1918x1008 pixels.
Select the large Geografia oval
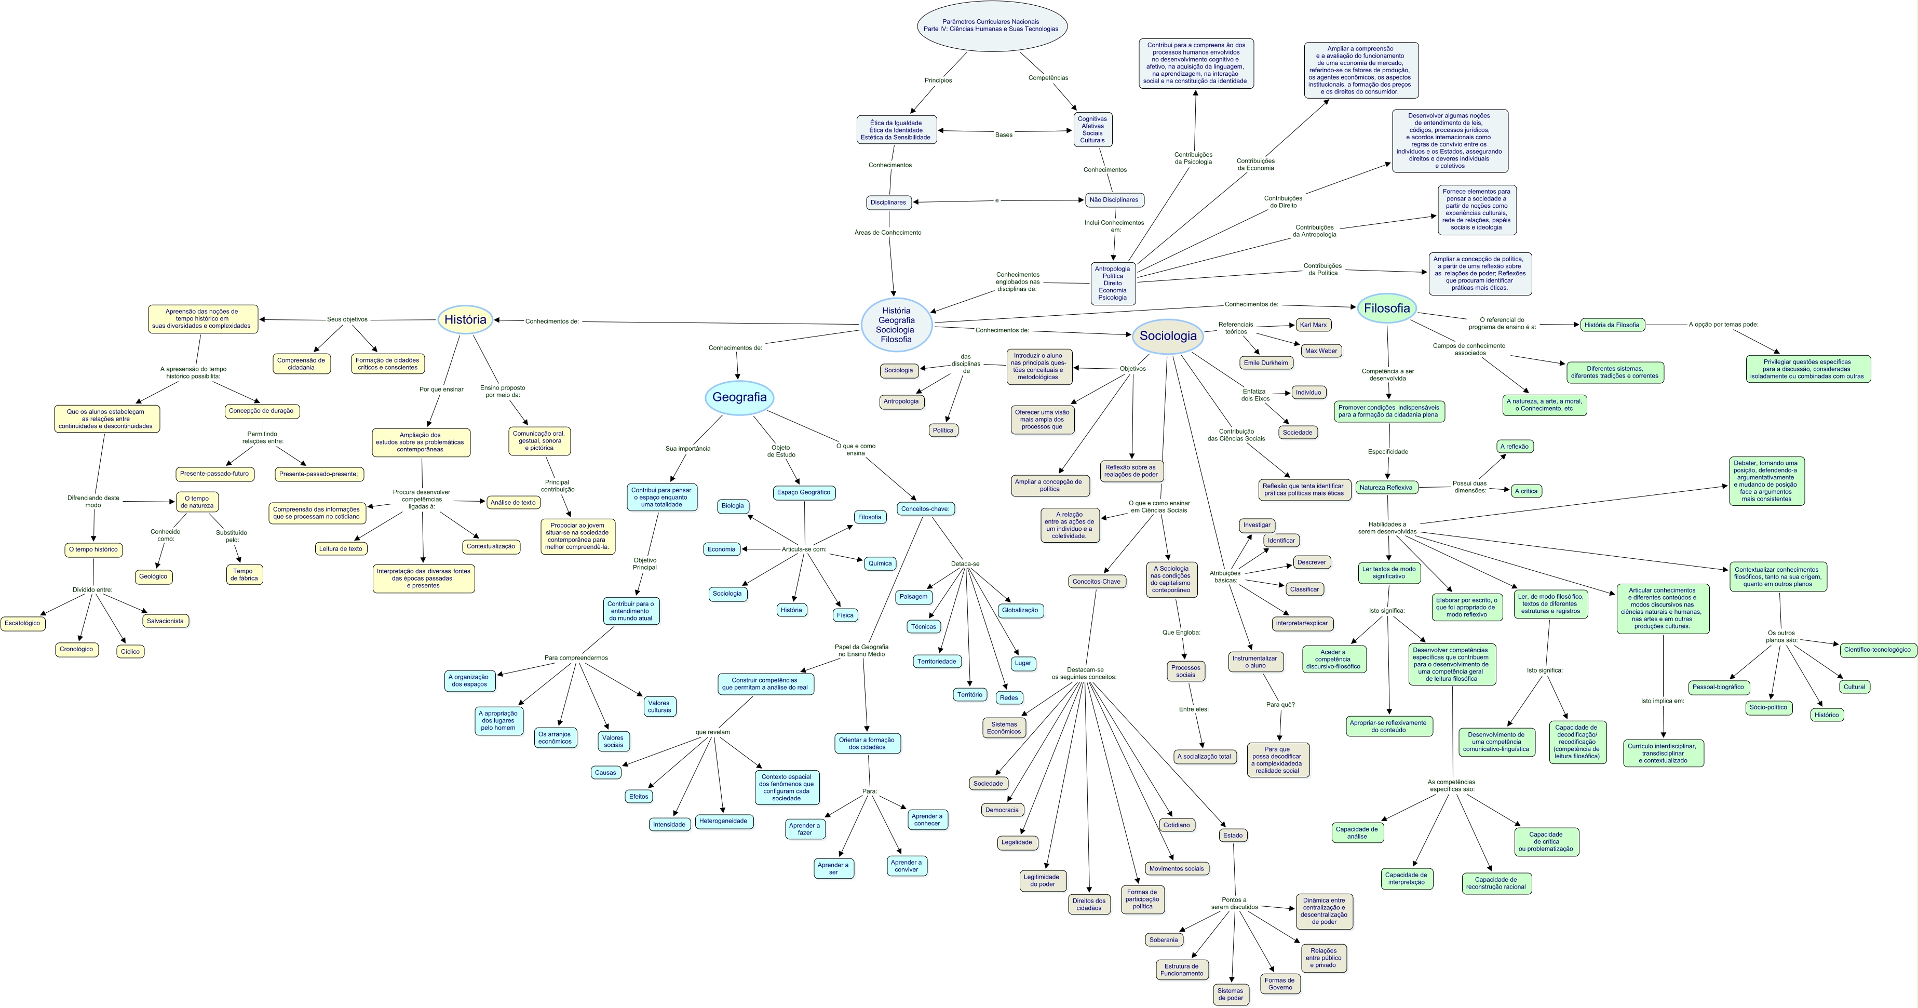coord(739,397)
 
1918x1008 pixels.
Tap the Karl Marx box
coord(1313,325)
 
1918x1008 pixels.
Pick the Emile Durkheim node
coord(1266,362)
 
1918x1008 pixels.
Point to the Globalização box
coord(1019,610)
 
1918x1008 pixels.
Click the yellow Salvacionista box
coord(165,621)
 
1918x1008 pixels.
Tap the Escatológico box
coord(22,623)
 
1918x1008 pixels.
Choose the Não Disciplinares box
coord(1113,199)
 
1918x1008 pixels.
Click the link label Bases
coord(1003,135)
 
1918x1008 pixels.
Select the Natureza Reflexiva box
coord(1386,488)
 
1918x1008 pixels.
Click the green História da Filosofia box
coord(1611,325)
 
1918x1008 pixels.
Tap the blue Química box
coord(880,563)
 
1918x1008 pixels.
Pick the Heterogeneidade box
coord(722,821)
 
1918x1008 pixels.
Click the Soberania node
coord(1163,939)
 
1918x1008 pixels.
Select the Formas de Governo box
coord(1279,984)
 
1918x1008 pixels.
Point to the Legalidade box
coord(1016,842)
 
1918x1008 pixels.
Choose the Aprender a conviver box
coord(906,866)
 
